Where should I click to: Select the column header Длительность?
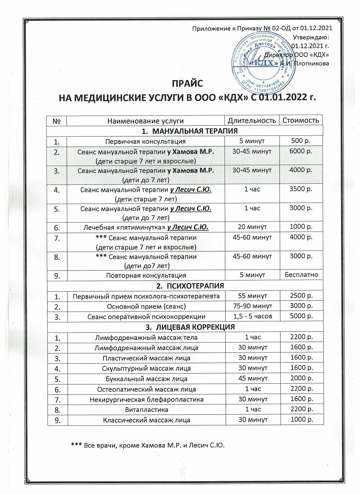252,121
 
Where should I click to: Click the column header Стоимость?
301,120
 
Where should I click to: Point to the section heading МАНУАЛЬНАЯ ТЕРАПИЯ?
189,131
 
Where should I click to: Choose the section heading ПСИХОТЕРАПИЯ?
190,286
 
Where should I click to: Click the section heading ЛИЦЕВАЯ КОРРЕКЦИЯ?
190,327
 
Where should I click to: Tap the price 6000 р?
301,151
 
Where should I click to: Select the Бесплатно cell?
301,275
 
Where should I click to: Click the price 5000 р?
301,316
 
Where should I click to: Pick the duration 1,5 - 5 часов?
252,316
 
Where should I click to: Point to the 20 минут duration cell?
252,227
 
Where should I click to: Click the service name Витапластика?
146,410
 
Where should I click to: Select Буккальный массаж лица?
146,379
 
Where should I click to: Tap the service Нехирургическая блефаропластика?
146,400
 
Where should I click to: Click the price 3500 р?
301,189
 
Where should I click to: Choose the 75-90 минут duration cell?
252,306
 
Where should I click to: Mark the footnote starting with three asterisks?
148,445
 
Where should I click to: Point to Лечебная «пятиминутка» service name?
145,227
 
